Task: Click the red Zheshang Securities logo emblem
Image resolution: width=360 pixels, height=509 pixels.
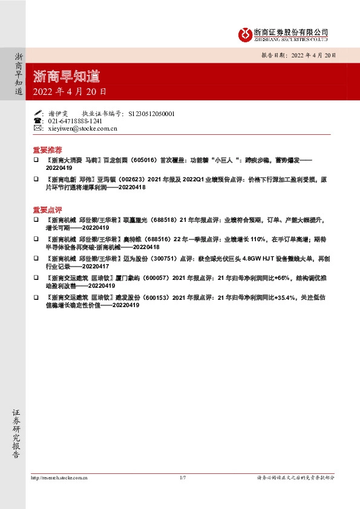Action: click(x=244, y=34)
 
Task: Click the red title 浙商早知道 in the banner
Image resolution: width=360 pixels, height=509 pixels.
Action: click(x=67, y=77)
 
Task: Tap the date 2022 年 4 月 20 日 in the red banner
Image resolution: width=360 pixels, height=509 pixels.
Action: click(x=70, y=92)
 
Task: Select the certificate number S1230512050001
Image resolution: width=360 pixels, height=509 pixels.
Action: click(x=152, y=113)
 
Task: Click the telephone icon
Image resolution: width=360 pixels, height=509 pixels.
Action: click(x=38, y=121)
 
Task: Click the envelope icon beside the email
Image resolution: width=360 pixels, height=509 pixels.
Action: click(x=38, y=128)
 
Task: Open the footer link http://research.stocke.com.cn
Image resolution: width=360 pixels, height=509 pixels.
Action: click(x=59, y=478)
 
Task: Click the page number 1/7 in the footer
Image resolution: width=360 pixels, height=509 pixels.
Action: click(x=182, y=478)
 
